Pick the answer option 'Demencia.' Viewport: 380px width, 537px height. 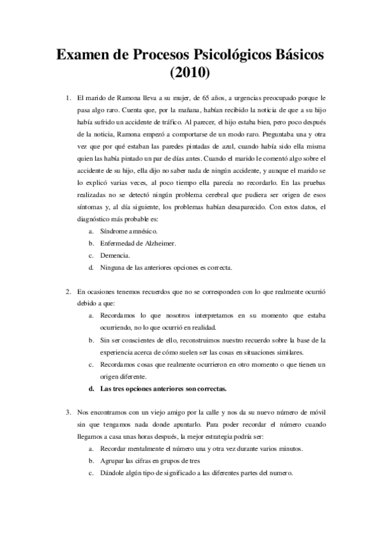pos(114,255)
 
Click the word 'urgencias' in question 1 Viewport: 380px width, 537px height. pos(264,98)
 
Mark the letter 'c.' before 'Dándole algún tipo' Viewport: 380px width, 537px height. pos(92,473)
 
